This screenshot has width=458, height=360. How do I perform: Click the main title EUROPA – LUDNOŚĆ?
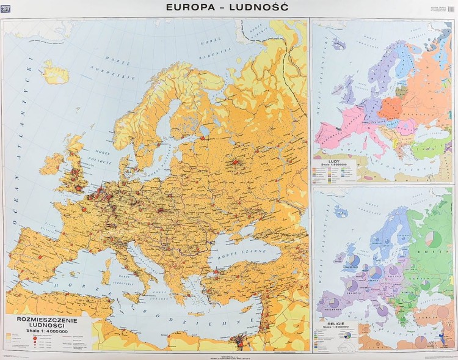(229, 7)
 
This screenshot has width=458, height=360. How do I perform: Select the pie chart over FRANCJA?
(352, 285)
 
